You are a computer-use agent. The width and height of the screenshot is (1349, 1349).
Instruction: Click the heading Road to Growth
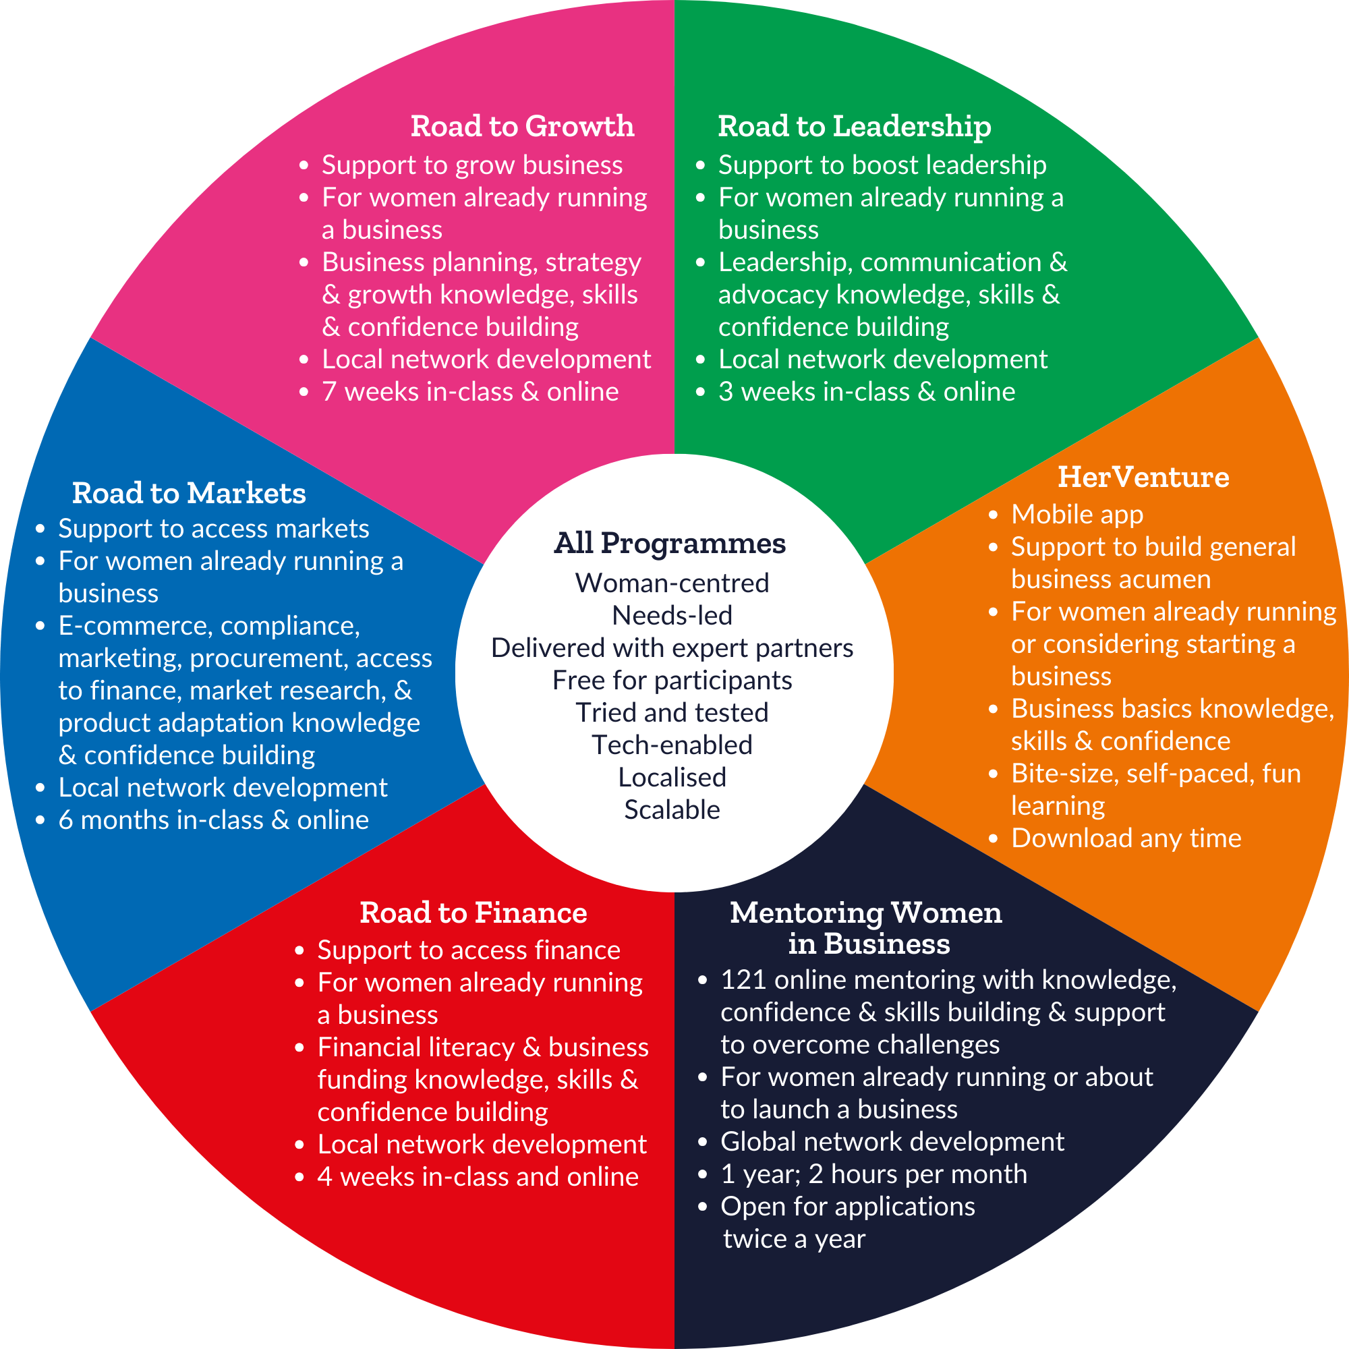pos(522,126)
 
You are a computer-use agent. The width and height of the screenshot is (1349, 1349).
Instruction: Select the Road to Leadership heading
pos(854,126)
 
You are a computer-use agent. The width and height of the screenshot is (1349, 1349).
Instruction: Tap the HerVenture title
pos(1143,478)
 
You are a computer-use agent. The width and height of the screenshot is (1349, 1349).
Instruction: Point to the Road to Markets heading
pos(189,494)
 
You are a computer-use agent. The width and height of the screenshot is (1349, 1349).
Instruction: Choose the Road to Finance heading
pos(473,913)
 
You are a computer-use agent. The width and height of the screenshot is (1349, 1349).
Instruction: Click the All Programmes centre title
pos(670,543)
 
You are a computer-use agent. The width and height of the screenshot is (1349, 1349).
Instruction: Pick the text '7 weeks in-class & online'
pos(470,392)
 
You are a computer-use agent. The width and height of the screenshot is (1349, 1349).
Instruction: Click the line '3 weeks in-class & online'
pos(867,392)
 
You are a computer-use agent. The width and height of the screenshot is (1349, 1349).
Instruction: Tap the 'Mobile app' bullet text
pos(1077,515)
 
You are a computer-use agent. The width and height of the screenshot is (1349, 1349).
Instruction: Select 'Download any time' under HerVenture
pos(1126,838)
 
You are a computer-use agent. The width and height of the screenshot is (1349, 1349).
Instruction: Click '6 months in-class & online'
pos(213,820)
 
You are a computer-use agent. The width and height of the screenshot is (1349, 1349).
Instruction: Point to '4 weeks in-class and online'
pos(478,1176)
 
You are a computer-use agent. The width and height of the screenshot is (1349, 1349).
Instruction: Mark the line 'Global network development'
pos(892,1142)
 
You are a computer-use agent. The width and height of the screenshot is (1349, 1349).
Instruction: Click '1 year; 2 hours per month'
pos(873,1174)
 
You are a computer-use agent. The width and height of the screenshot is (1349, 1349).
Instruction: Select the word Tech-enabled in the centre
pos(672,745)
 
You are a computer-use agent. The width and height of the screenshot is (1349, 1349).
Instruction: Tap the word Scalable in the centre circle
pos(672,810)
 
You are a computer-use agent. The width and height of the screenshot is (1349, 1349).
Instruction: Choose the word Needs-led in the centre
pos(672,616)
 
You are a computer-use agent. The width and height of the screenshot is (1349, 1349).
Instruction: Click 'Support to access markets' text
pos(213,529)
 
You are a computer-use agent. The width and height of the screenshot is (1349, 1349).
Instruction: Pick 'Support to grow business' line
pos(472,165)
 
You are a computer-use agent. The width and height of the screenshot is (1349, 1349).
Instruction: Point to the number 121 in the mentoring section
pos(743,980)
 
